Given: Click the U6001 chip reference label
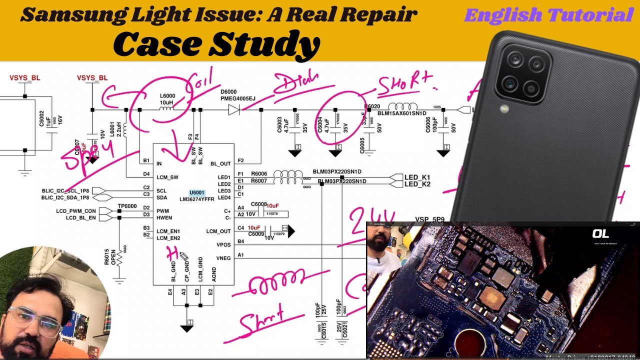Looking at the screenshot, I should click(197, 192).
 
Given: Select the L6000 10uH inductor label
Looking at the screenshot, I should click(167, 99).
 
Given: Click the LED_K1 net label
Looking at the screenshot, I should click(417, 177).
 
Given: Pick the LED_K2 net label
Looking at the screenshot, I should click(417, 184).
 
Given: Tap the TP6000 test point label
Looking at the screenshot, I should click(127, 206).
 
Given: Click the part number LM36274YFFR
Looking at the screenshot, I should click(197, 199).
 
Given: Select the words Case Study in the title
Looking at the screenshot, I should click(216, 44).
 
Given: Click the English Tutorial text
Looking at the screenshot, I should click(548, 15).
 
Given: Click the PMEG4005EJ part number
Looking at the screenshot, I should click(238, 99).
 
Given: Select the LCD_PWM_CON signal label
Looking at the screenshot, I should click(76, 211).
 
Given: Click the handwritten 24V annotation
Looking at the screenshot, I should click(372, 218).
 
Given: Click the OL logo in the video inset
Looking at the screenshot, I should click(600, 234).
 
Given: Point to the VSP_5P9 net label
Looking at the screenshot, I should click(429, 219).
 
